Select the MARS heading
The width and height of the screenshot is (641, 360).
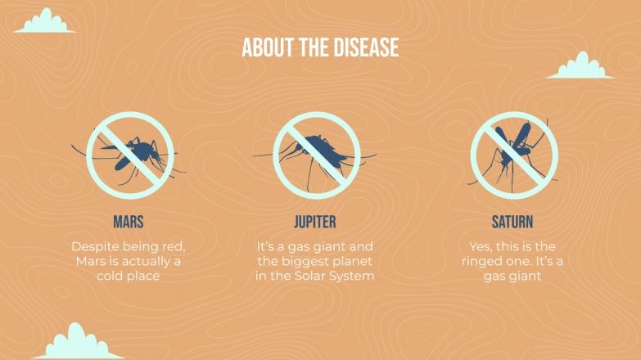129,222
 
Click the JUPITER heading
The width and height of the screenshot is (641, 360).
315,222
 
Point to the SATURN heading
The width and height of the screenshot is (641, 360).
512,222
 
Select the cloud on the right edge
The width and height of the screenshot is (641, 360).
580,67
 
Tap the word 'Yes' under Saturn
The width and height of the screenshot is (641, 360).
483,245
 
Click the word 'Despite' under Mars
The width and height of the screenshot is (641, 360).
93,245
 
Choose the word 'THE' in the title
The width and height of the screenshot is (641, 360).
316,47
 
